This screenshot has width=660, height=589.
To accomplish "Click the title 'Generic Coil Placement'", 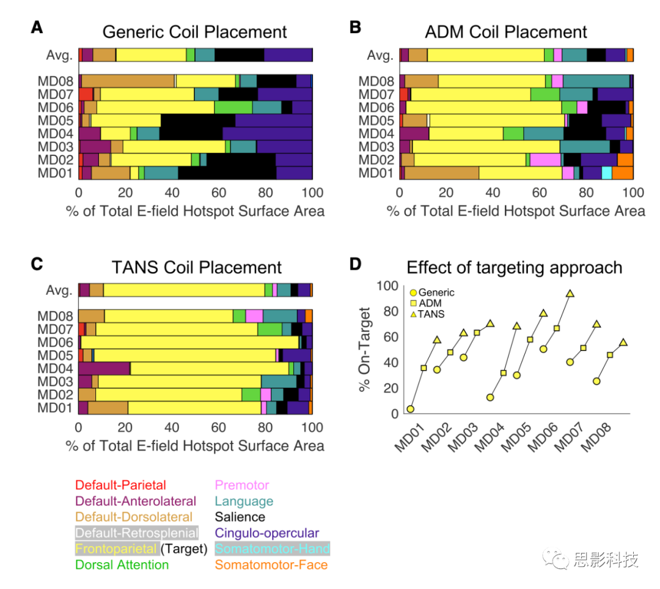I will [x=194, y=32].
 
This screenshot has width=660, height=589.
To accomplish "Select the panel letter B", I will [x=355, y=28].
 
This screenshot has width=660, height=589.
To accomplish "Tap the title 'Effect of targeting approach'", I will [x=515, y=267].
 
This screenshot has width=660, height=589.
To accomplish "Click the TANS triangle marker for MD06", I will [x=570, y=294].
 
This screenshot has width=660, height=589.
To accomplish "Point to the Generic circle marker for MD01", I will [x=411, y=409].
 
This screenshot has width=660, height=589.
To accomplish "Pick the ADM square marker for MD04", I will [x=504, y=373].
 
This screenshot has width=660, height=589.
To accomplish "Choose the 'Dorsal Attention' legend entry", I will [x=122, y=565].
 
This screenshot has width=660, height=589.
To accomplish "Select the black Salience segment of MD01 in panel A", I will [x=227, y=173].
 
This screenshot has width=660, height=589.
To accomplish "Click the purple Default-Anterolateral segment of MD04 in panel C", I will [x=104, y=368].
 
